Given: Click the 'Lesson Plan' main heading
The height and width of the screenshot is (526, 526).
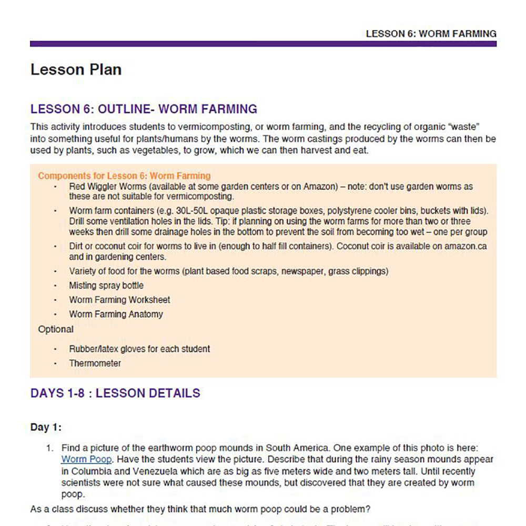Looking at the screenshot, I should pos(76,70).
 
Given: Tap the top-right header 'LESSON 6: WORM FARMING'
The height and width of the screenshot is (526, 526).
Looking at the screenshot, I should pos(431,34).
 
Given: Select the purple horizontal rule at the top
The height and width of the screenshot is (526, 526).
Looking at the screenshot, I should pos(263,44).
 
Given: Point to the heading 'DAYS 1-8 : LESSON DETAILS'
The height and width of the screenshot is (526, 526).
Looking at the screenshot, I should pos(115,393).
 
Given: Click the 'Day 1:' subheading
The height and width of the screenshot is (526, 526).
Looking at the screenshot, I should pos(46,427).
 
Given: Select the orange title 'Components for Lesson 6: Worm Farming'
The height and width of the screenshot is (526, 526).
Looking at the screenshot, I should pos(124,176).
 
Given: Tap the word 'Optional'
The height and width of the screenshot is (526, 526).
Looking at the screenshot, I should pos(56,330).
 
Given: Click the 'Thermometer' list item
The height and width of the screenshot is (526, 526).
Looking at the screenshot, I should pos(95,363).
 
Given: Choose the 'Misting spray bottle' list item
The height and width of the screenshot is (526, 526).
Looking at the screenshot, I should pos(106,286).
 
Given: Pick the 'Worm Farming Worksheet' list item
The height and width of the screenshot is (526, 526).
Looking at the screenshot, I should pos(119,300).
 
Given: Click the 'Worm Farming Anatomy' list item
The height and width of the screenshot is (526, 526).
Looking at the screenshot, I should pos(116,315).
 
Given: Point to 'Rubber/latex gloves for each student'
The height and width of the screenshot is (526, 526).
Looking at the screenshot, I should pos(139,349).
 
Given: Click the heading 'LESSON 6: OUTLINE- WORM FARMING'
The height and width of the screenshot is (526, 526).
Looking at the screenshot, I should pos(144,109).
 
